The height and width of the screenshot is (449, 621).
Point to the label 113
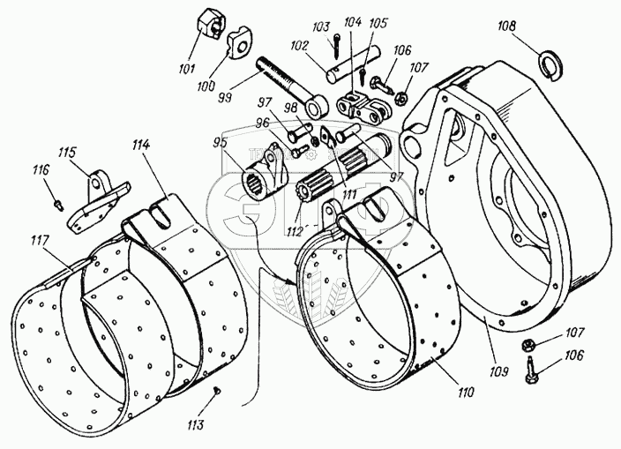pos(196,424)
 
